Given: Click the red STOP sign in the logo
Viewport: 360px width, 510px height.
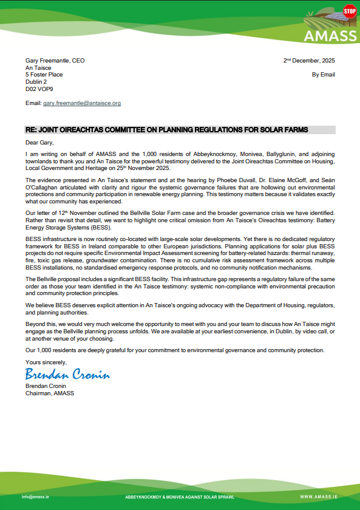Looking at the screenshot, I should click(x=349, y=11).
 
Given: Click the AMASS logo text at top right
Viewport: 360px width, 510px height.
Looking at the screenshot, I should click(x=330, y=36).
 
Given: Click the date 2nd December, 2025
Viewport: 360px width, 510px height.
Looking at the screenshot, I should click(x=309, y=61).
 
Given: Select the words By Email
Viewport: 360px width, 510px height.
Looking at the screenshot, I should click(x=323, y=74).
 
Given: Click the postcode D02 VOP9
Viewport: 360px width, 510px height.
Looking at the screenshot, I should click(x=38, y=88).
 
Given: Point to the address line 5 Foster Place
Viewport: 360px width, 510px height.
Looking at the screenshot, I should click(x=46, y=75).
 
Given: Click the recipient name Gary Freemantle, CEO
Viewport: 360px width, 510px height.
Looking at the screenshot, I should click(x=55, y=61).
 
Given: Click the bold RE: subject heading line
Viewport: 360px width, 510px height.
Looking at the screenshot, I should click(x=166, y=130).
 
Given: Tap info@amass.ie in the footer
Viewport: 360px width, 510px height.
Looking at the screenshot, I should click(x=36, y=497).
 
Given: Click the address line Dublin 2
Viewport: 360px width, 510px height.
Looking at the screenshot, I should click(x=36, y=81).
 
